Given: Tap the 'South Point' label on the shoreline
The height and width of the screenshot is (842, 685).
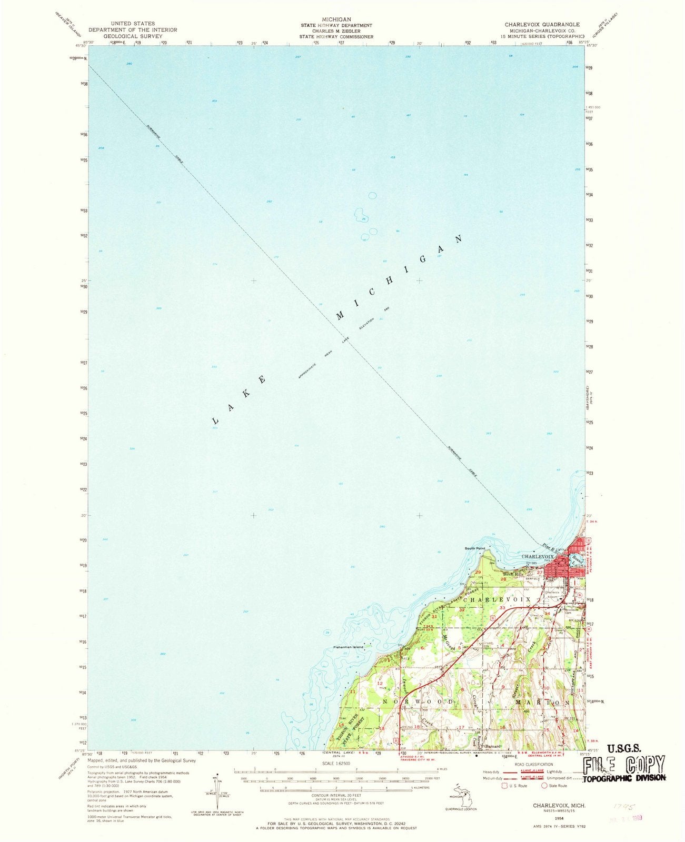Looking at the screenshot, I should [474, 548].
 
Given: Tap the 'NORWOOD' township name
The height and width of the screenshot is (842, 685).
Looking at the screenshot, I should [420, 702].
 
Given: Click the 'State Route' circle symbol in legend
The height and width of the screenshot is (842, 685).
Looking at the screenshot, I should [544, 786].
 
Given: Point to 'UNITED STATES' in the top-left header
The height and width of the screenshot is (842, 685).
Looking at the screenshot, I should [129, 24].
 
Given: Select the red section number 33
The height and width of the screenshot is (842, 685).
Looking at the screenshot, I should [502, 608].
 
